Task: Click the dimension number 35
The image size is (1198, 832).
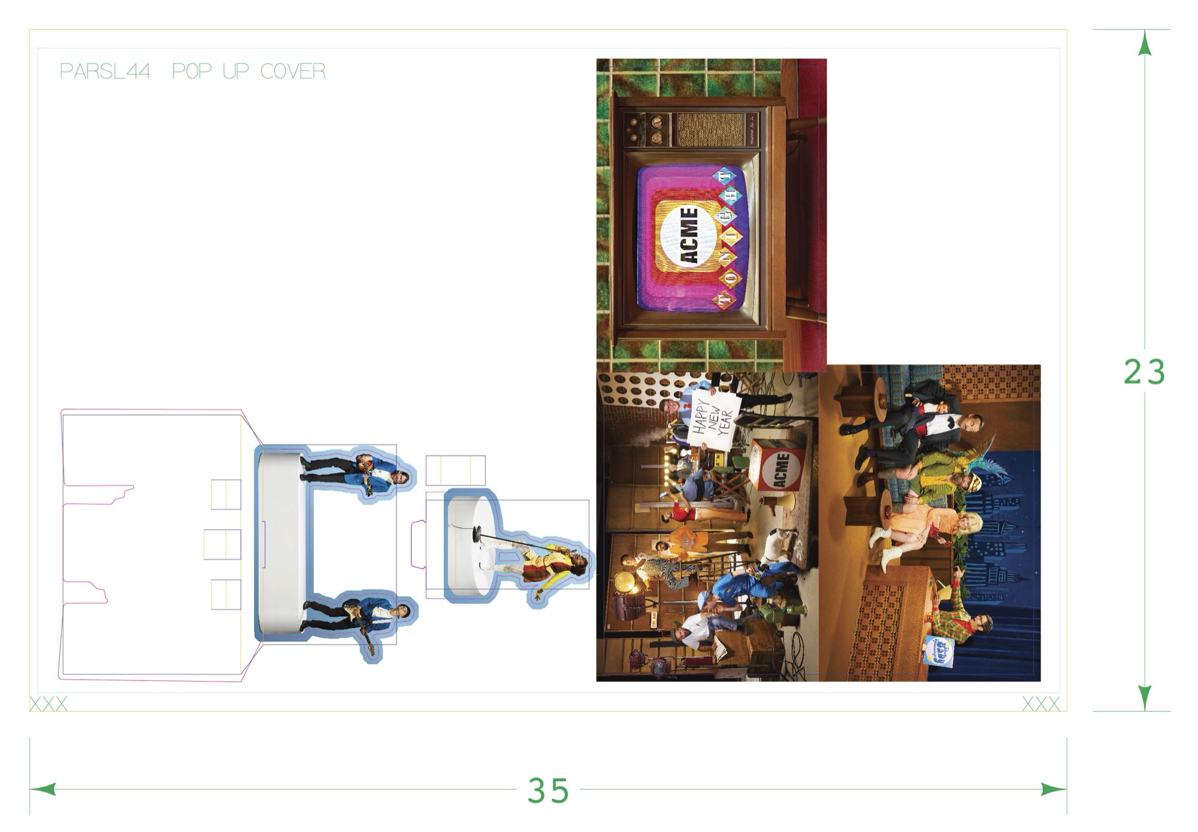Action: [x=548, y=790]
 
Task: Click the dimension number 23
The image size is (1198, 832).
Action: [x=1144, y=372]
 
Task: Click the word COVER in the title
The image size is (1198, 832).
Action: [x=293, y=71]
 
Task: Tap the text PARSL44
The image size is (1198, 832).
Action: [x=105, y=71]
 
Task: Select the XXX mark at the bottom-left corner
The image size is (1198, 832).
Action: [x=49, y=703]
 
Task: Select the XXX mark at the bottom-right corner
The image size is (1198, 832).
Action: [x=1040, y=703]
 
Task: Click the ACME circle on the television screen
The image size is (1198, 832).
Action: [x=689, y=235]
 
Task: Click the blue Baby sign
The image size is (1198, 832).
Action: [x=939, y=652]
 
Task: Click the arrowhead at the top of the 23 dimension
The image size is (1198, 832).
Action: [x=1145, y=43]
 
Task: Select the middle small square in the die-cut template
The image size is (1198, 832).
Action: [x=222, y=544]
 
